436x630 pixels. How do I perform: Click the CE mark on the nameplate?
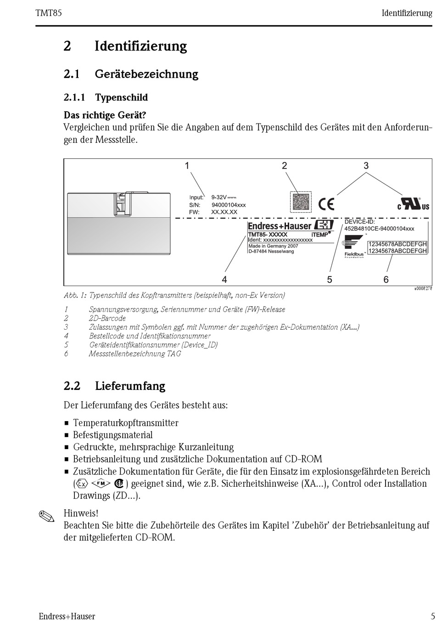coord(326,203)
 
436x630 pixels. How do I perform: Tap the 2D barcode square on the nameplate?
coord(301,202)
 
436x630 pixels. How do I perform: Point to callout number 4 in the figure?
coord(224,280)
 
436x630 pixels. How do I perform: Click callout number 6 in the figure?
coord(386,280)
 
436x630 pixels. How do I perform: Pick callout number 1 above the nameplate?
coord(187,166)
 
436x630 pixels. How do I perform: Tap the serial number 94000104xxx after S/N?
coord(229,205)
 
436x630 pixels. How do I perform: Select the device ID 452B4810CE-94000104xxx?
coord(379,228)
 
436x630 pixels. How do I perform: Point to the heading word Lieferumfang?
coord(130,386)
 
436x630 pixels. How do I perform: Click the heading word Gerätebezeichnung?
coord(146,74)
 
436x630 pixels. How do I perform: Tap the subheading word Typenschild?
coord(121,97)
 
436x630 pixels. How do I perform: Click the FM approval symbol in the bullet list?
coord(101,484)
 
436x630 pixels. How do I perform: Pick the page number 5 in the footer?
coord(432,616)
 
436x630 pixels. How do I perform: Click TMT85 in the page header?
coord(49,13)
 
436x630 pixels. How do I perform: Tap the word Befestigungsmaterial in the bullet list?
coord(113,435)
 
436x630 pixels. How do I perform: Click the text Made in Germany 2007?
coord(273,246)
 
